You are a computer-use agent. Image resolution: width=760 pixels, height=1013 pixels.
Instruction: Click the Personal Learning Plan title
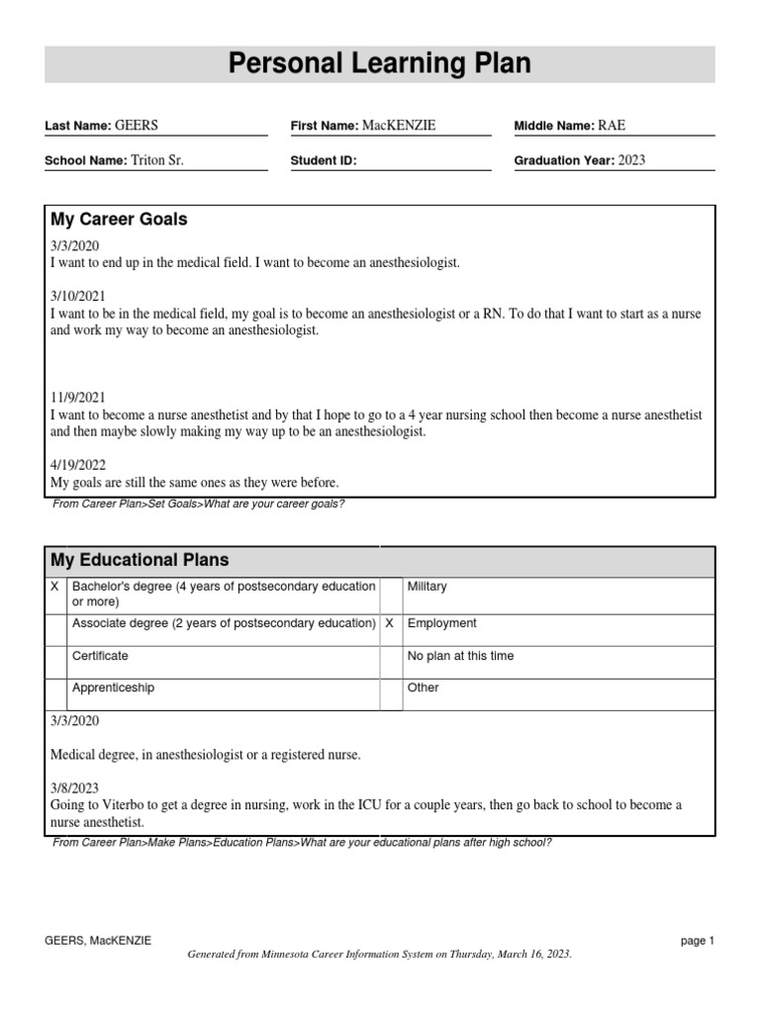pos(380,64)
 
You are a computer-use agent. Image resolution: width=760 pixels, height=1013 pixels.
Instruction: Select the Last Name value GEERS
pos(137,126)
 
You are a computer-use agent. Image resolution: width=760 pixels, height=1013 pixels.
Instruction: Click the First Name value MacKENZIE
pos(399,126)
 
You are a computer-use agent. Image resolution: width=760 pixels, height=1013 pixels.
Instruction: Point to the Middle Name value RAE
pos(612,126)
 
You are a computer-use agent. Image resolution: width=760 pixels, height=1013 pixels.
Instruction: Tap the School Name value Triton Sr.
pos(157,160)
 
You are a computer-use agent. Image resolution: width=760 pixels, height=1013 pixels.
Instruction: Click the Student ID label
pos(324,160)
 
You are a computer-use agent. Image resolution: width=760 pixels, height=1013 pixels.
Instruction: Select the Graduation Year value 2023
pos(632,160)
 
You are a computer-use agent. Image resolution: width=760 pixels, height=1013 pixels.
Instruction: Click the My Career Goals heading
pos(119,220)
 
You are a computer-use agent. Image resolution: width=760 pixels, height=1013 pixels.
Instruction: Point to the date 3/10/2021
pos(77,296)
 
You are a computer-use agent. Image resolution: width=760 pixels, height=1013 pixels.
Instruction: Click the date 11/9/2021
pos(77,398)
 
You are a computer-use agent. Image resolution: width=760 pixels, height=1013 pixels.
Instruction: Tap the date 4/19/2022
pos(77,465)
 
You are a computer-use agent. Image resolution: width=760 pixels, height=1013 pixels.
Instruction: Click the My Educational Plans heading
pos(140,561)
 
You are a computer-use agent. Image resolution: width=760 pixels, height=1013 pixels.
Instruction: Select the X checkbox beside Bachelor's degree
pos(54,588)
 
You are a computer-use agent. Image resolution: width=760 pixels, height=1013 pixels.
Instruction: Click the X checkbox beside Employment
pos(390,624)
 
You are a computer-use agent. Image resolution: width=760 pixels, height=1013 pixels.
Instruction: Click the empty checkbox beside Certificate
pos(54,657)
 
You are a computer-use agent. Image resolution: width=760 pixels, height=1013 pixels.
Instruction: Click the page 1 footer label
pos(697,941)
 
